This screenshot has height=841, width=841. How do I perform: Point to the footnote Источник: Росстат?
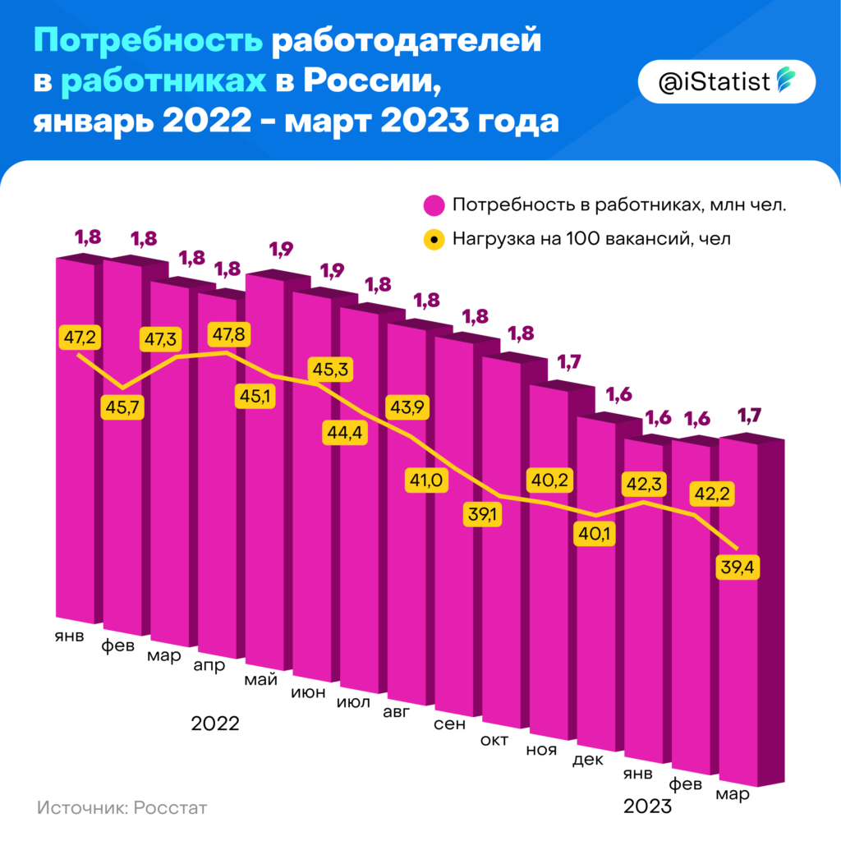click(122, 807)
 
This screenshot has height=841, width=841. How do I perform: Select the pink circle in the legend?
click(433, 205)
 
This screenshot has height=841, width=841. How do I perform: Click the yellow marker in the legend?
click(433, 240)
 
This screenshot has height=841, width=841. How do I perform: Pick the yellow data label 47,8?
click(230, 336)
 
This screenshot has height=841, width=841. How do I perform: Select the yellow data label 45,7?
click(122, 406)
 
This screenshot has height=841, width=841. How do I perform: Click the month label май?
click(261, 680)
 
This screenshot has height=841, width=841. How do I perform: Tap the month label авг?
click(398, 712)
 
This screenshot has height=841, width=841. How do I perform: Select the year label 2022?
click(214, 724)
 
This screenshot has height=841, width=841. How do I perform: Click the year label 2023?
click(648, 806)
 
